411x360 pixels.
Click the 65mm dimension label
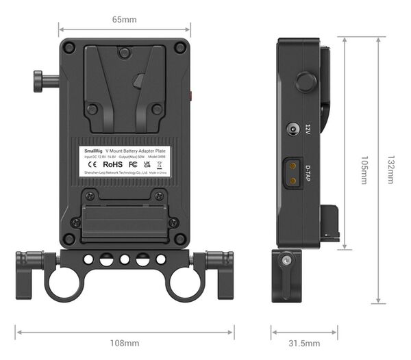coord(124,20)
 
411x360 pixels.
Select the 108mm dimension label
coord(125,343)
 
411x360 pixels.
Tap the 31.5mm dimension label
coord(304,343)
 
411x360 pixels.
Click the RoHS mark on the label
coord(114,165)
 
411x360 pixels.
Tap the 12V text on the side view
coord(308,129)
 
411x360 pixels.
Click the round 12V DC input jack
coord(292,129)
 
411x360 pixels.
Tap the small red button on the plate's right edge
coord(191,97)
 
